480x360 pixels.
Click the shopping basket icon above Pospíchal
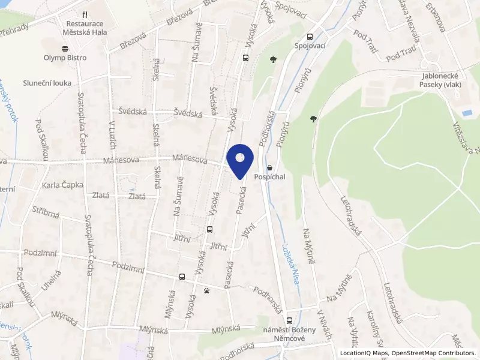click(x=269, y=167)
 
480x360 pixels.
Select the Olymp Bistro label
click(x=65, y=58)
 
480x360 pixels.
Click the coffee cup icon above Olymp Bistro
click(x=65, y=48)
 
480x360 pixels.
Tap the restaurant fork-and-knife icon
click(x=85, y=14)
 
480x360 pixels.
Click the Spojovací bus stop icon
click(x=310, y=35)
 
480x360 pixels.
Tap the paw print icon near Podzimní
click(x=206, y=291)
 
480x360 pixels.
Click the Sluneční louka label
click(x=47, y=83)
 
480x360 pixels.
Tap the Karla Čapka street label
click(x=62, y=185)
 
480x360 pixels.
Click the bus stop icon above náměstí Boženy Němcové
click(x=289, y=321)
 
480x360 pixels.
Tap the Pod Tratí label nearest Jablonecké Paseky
click(x=401, y=58)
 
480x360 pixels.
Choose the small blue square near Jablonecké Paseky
click(x=467, y=113)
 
